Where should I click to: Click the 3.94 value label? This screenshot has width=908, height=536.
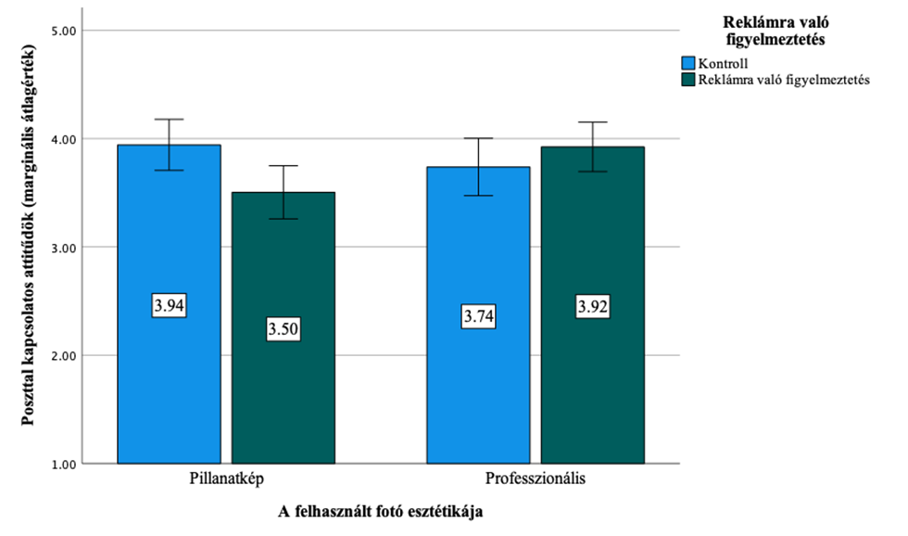click(x=170, y=306)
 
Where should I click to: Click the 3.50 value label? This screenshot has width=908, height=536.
click(x=284, y=328)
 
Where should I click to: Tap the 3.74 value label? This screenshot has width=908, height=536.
click(x=479, y=317)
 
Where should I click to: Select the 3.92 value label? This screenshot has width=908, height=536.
click(x=593, y=306)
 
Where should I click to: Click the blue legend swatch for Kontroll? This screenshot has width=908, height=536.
click(x=688, y=63)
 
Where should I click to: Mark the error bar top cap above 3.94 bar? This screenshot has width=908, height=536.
click(x=170, y=120)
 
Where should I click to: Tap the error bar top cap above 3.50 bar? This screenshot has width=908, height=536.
click(x=284, y=166)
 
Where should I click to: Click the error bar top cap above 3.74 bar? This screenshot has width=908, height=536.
click(x=479, y=138)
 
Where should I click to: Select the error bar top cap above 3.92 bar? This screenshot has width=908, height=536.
click(x=593, y=122)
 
